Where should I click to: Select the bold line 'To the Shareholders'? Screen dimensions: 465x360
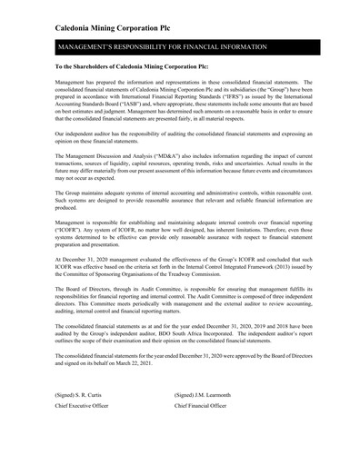tap(131, 67)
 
